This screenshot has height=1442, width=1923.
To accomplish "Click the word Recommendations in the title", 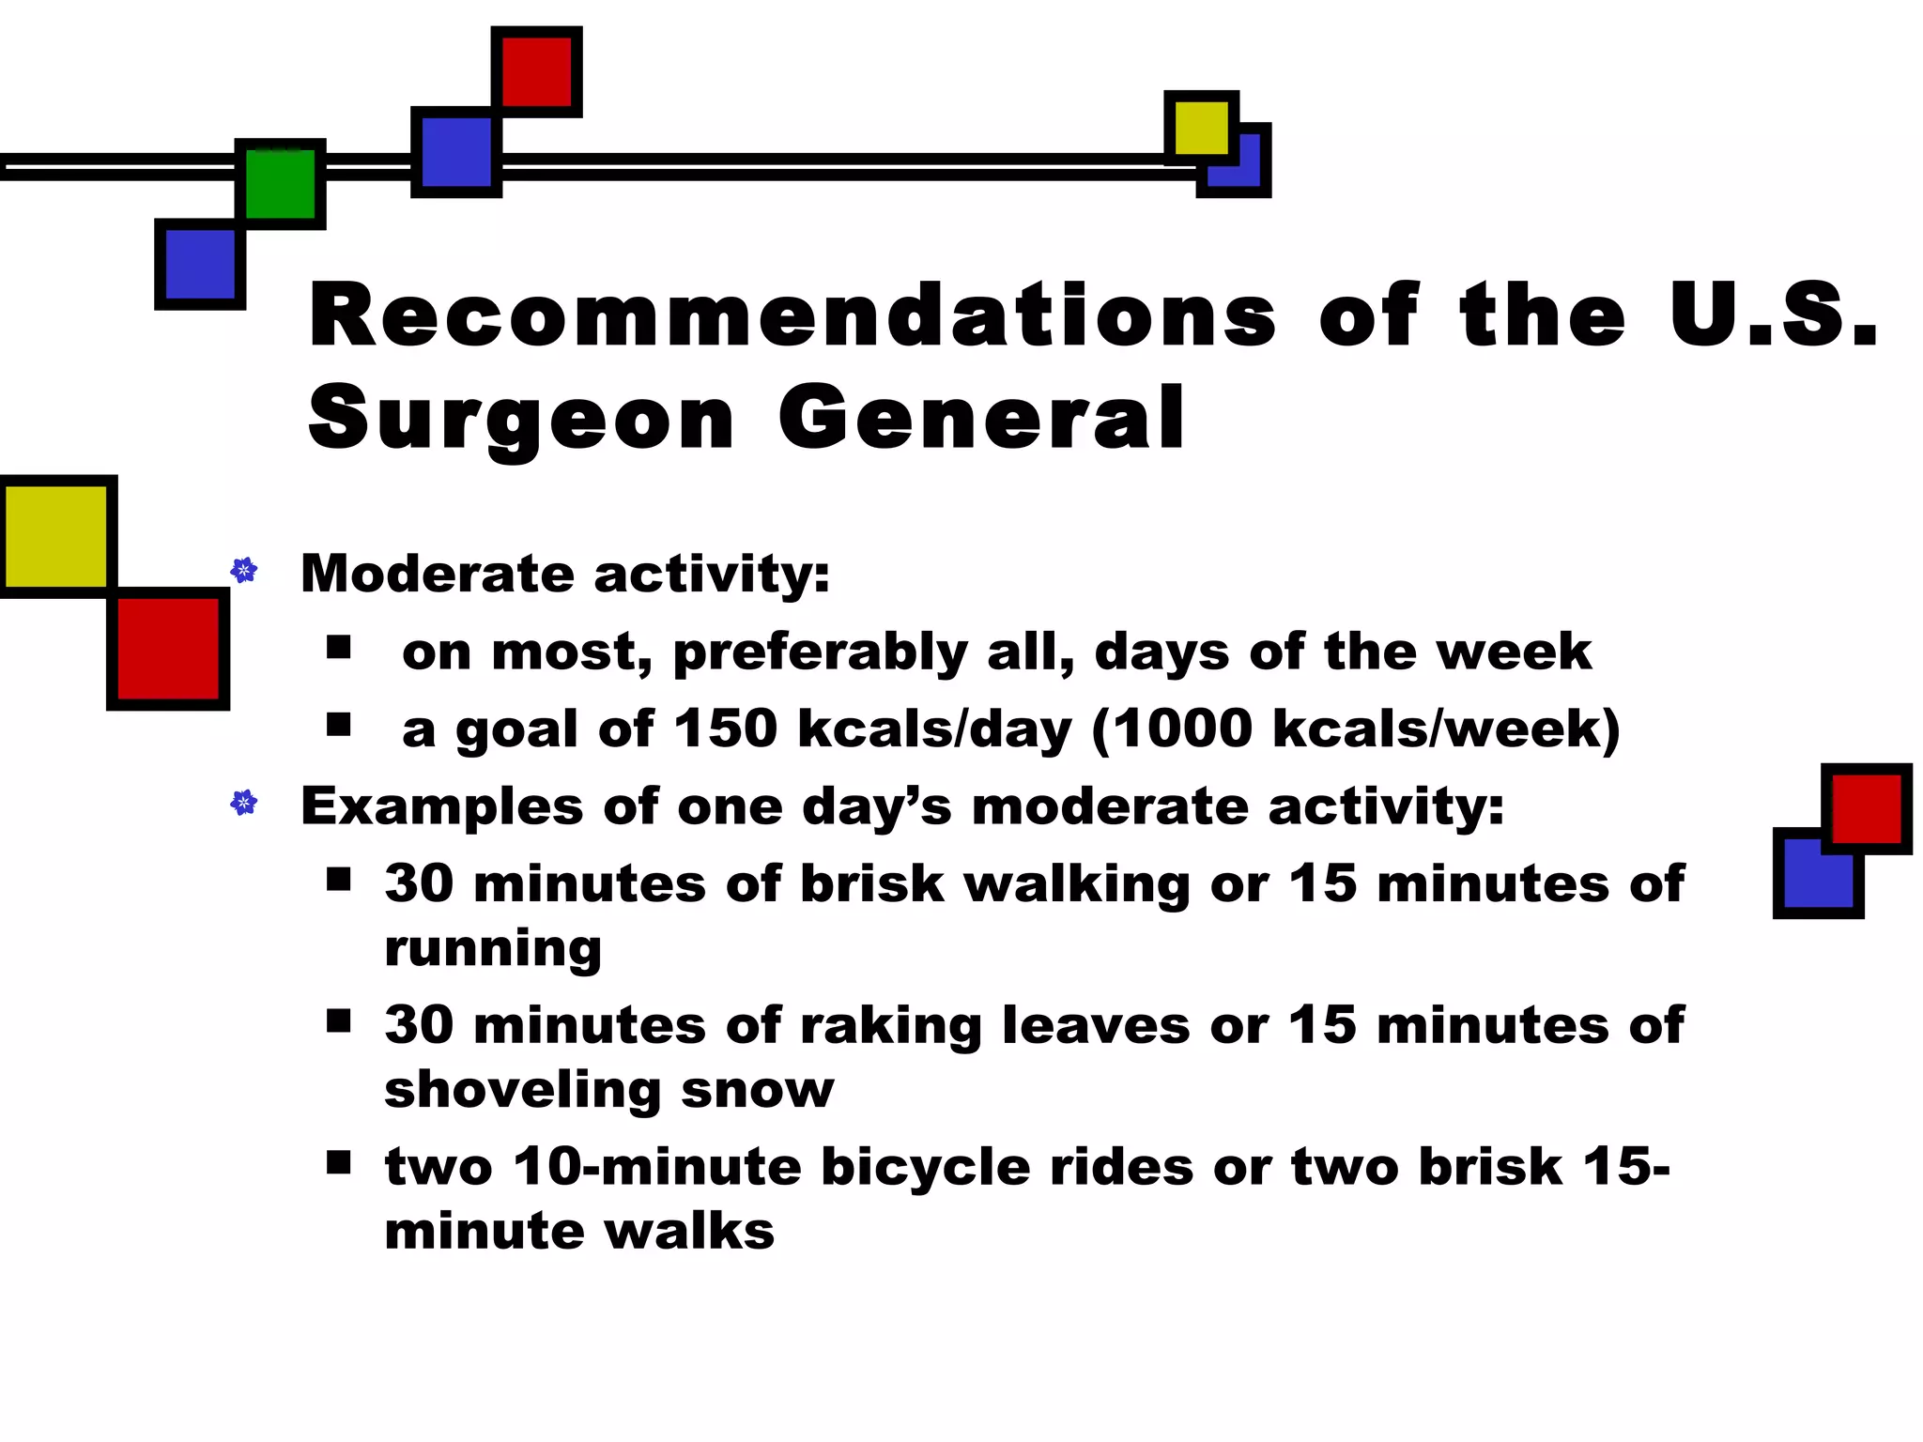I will (792, 315).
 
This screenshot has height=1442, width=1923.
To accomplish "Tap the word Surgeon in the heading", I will (521, 419).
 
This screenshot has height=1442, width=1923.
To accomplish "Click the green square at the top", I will (280, 184).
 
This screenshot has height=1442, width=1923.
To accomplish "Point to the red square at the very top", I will (536, 71).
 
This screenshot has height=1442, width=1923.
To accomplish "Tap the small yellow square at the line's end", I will (1201, 128).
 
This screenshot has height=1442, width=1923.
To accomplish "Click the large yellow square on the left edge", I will (56, 536).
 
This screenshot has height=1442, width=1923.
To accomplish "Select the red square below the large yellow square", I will (168, 649).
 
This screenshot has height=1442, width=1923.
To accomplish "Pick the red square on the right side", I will (1866, 808).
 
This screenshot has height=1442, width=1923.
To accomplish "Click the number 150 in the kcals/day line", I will (725, 729).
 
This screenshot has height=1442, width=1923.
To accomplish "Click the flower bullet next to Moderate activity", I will (244, 570).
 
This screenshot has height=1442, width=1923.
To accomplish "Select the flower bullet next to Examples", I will (244, 803).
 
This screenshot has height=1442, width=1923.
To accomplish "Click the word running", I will (493, 949).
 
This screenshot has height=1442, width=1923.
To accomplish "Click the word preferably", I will (820, 652).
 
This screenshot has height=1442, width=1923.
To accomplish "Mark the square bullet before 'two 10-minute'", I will (339, 1163).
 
